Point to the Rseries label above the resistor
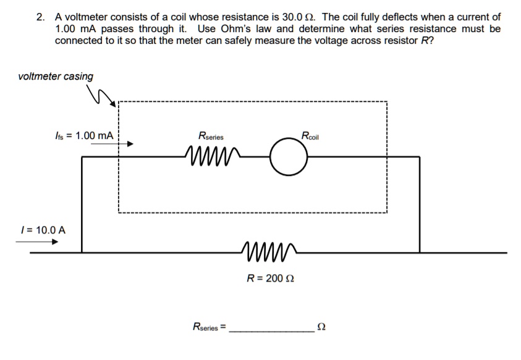coord(211,136)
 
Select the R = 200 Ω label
coord(271,278)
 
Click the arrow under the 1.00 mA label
coord(111,144)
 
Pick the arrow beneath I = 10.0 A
coord(36,241)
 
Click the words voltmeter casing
coord(56,77)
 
